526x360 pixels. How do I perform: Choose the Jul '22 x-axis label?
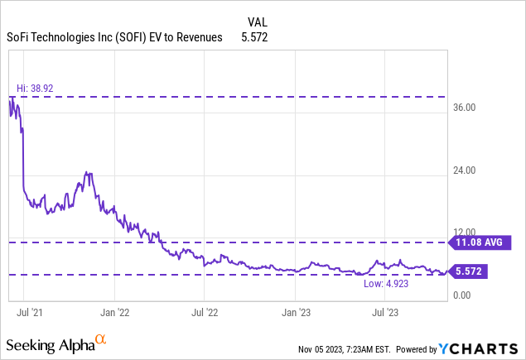(205, 314)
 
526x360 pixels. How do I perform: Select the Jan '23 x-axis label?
(297, 314)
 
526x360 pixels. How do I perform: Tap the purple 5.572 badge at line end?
(467, 271)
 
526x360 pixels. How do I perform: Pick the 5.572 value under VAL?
(253, 37)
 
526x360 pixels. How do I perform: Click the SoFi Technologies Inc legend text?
(117, 37)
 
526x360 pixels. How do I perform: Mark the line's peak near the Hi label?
(12, 98)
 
